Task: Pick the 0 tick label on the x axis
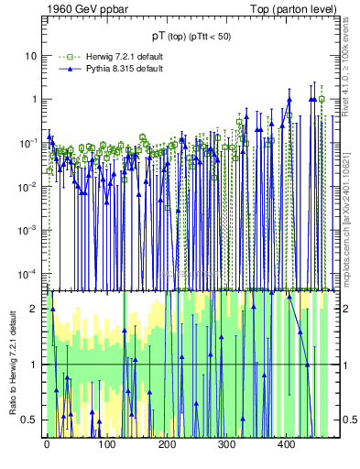[47, 445]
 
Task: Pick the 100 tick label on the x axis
[107, 445]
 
